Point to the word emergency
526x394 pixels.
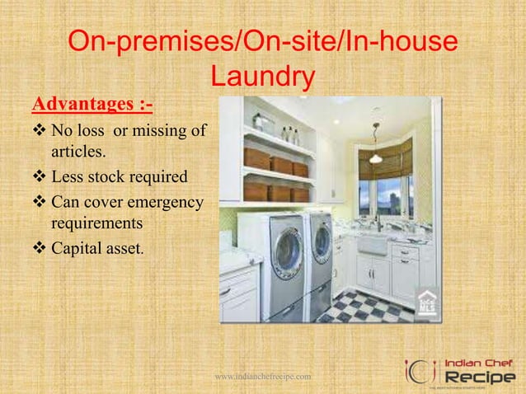[x=162, y=200]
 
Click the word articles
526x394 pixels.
[x=78, y=152]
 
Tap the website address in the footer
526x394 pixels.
[x=262, y=377]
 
